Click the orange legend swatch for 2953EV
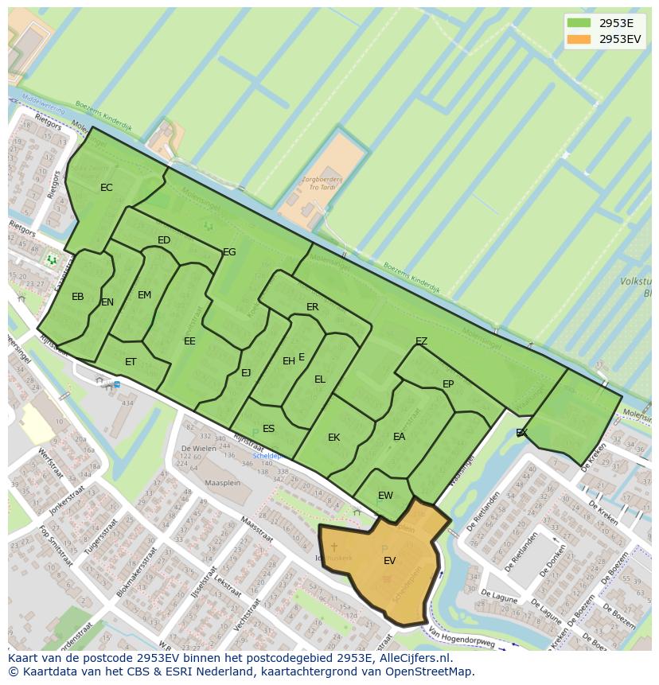[x=579, y=39]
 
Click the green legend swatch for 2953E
[x=579, y=23]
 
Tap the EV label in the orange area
[x=389, y=561]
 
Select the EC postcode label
[x=106, y=188]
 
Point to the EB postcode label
[x=77, y=297]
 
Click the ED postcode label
[x=164, y=240]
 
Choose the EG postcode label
[x=229, y=252]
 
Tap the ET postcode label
[x=131, y=362]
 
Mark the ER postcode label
[x=312, y=307]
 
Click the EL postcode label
[x=319, y=379]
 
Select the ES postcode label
[x=268, y=429]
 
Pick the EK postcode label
[x=333, y=438]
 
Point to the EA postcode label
[x=399, y=437]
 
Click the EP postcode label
[x=448, y=384]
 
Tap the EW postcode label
[x=385, y=496]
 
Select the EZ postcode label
[x=421, y=341]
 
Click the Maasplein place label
[x=222, y=482]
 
